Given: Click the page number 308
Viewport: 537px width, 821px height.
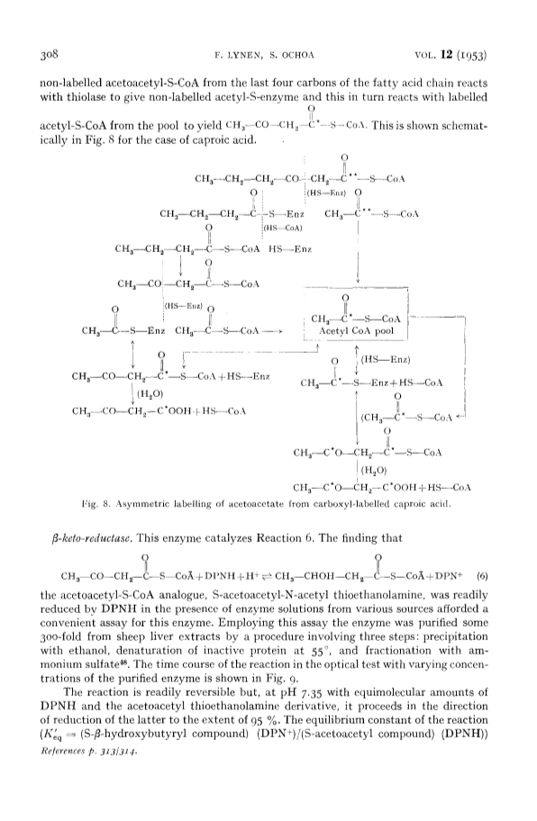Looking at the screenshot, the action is point(51,54).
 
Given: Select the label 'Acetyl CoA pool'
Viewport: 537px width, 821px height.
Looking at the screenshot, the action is point(356,331).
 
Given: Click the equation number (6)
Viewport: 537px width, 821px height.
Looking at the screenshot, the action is point(483,576).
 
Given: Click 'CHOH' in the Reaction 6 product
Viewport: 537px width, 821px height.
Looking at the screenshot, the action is point(306,577).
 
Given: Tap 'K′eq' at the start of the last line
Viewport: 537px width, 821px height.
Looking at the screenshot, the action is point(50,734).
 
